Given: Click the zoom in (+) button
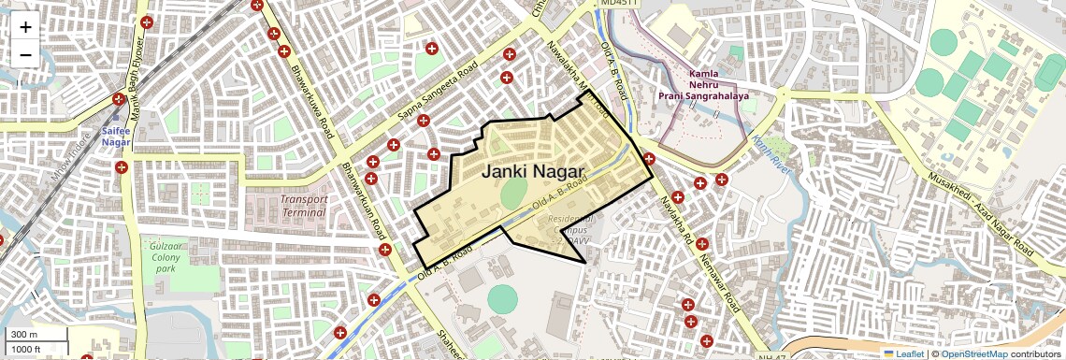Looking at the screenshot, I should [25, 27].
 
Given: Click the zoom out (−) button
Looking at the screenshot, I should [25, 55].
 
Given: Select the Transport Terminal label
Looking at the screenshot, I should [303, 206].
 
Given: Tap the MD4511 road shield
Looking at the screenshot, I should [619, 4].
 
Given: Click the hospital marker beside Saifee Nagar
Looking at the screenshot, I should [119, 100].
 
